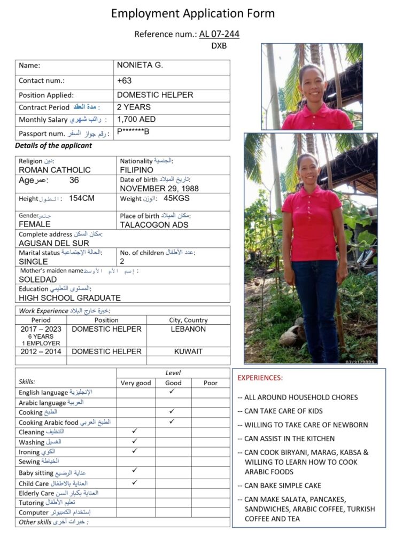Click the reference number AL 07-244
[x=219, y=34]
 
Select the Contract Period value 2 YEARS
[x=134, y=107]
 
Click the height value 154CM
[x=82, y=198]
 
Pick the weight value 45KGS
[x=176, y=198]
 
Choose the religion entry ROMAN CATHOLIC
[x=55, y=170]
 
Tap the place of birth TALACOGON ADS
[x=154, y=224]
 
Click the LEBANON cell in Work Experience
[x=188, y=329]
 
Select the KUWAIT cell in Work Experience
[x=188, y=351]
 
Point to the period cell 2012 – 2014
[x=41, y=351]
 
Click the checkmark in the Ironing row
[x=135, y=451]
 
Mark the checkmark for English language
[x=172, y=392]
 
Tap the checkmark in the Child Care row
[x=135, y=482]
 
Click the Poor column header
[x=211, y=383]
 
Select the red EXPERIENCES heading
[x=260, y=378]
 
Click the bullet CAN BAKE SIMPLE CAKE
[x=283, y=486]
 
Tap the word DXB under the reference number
[x=219, y=46]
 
